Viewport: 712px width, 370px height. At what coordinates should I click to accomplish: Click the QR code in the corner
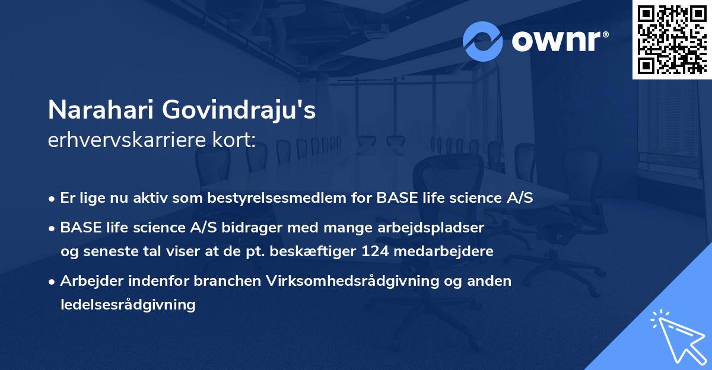(x=672, y=39)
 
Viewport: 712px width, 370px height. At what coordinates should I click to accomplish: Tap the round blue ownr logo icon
(x=483, y=41)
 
